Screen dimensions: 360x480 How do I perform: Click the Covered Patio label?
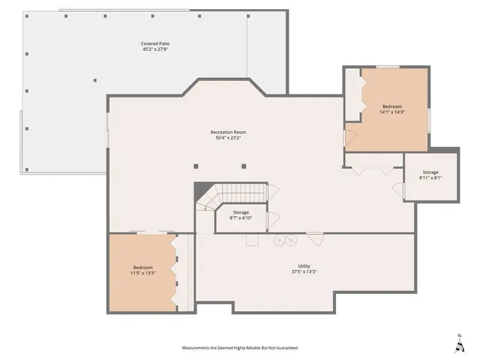point(154,43)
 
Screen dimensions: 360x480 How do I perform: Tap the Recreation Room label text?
point(228,133)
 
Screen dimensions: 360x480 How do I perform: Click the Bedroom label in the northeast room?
point(392,106)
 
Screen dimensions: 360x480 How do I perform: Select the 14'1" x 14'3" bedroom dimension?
point(392,112)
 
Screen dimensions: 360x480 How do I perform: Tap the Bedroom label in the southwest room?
point(143,268)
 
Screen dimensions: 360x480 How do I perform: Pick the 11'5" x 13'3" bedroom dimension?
point(143,274)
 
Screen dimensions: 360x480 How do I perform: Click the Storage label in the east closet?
point(430,172)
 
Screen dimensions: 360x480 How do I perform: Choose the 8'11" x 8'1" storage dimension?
point(430,178)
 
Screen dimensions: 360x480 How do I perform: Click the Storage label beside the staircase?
point(241,212)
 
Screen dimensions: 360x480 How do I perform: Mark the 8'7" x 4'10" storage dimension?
point(241,218)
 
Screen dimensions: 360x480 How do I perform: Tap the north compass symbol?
point(459,344)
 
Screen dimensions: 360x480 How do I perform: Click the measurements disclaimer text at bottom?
point(240,348)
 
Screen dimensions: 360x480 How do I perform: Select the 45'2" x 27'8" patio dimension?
point(154,49)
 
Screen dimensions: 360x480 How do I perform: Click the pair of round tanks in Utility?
point(284,240)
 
